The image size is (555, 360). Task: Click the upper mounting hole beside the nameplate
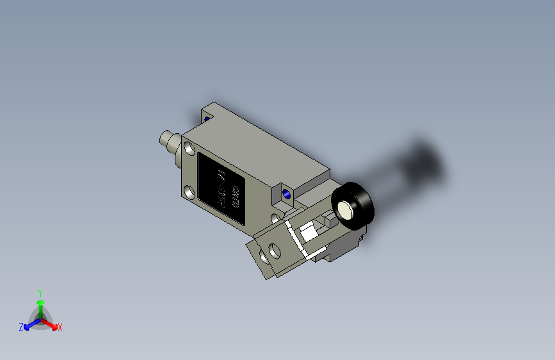[190, 149]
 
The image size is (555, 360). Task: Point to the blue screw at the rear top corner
[207, 118]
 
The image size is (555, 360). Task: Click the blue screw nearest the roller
[286, 193]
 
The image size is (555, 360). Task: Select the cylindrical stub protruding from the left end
[168, 140]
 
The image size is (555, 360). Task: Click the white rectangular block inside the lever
[309, 232]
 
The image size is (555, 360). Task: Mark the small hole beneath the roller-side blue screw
[276, 218]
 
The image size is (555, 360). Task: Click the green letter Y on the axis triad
[40, 292]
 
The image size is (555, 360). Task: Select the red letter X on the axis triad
[60, 328]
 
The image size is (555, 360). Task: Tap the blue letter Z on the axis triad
[21, 327]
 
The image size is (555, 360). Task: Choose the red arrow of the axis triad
[51, 324]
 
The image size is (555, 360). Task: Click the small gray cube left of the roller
[329, 219]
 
